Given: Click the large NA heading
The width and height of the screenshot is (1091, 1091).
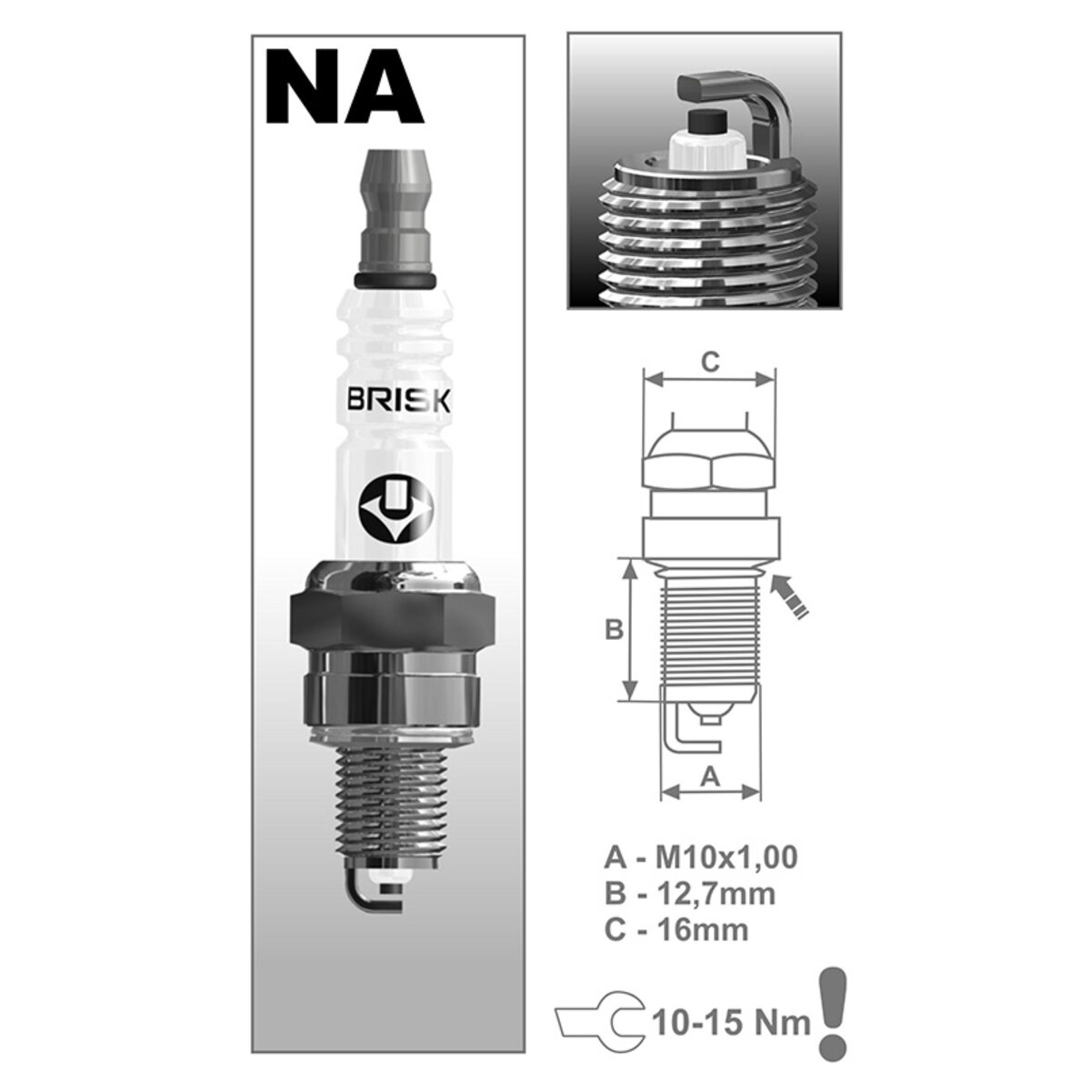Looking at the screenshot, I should click(x=345, y=89).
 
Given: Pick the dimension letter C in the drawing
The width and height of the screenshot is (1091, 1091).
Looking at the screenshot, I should click(x=711, y=362).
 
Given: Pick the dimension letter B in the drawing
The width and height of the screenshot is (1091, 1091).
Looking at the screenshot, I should click(x=614, y=629).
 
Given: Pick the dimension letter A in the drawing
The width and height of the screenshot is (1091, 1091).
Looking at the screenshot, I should click(x=711, y=776).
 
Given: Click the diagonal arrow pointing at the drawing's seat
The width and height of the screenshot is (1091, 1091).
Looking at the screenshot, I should click(x=788, y=596).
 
